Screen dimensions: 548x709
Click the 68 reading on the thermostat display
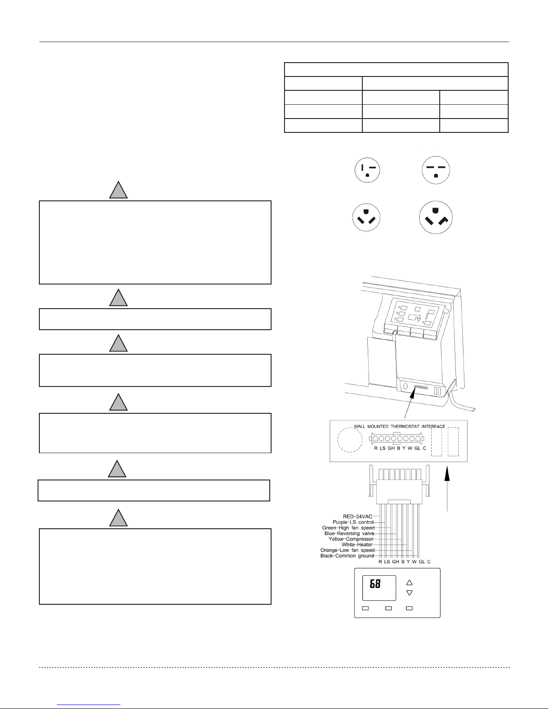[x=375, y=584]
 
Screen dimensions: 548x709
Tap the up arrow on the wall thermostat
[x=409, y=582]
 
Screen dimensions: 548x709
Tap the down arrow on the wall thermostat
[x=409, y=593]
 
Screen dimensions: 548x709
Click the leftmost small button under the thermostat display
[x=365, y=608]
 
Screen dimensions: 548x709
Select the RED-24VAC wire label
[x=357, y=517]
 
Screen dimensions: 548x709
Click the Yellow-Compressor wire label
[x=351, y=539]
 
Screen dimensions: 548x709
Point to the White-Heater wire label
[x=357, y=544]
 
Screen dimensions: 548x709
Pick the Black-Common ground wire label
[x=347, y=556]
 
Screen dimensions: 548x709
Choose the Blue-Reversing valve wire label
[x=349, y=534]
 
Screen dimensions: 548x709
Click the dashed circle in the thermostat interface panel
[x=350, y=440]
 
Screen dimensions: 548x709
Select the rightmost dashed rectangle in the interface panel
[x=453, y=442]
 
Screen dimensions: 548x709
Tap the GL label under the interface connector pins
[x=417, y=448]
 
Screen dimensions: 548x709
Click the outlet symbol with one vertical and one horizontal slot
[x=367, y=170]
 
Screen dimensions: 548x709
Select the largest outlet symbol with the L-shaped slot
[x=436, y=217]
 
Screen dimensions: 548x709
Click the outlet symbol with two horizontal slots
[x=436, y=170]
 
